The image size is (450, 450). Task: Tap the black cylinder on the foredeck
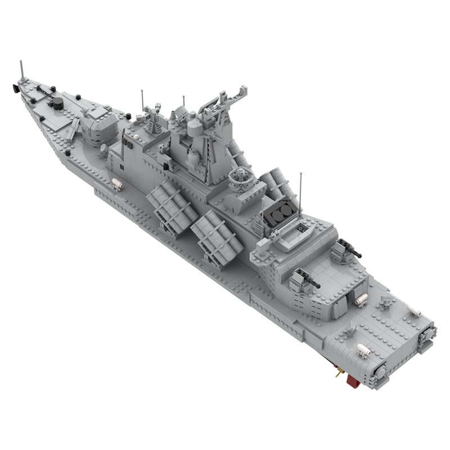57,103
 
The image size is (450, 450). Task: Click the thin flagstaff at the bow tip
22,70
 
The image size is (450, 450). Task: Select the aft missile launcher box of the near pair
217,236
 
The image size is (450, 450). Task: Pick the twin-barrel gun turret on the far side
343,249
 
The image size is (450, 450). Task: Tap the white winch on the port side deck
117,183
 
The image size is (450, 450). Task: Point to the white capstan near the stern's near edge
363,350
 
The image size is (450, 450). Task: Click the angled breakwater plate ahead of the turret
73,130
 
